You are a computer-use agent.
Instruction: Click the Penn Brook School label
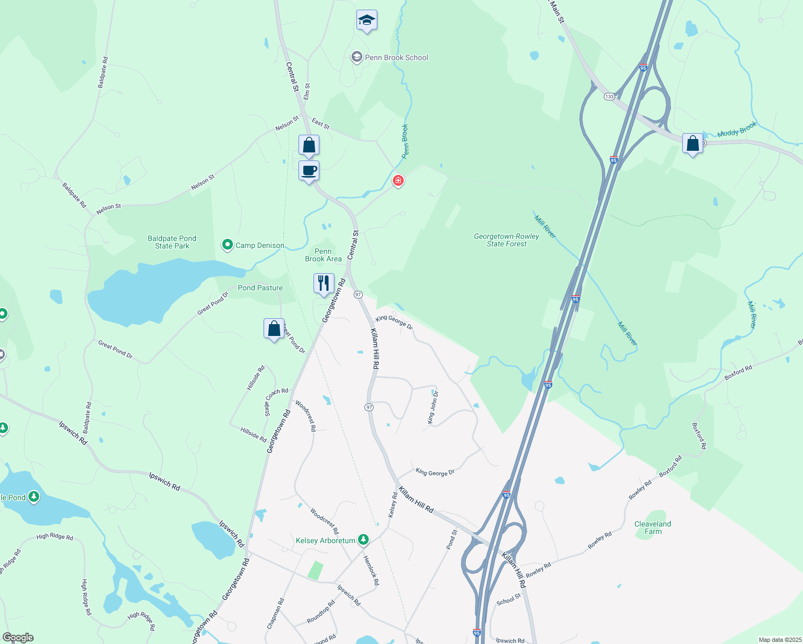tap(396, 57)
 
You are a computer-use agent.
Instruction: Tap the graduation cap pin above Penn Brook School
tap(367, 21)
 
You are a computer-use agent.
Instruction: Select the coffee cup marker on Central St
tap(309, 171)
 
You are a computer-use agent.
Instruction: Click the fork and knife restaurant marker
tap(324, 283)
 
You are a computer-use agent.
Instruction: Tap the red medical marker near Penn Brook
tap(398, 180)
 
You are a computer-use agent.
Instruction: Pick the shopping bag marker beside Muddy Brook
tap(692, 144)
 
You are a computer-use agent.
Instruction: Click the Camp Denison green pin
tap(228, 245)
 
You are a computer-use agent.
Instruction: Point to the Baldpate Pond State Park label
tap(172, 242)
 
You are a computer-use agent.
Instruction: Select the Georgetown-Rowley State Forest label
tap(506, 240)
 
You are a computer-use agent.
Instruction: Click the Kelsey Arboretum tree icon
tap(364, 539)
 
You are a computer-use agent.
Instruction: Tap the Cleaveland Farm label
tap(653, 528)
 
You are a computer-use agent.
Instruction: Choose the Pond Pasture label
tap(260, 288)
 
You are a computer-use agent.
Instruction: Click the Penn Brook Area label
tap(323, 255)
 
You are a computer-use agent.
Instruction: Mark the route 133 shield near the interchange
tap(609, 97)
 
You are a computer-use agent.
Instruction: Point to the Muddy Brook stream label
tap(737, 129)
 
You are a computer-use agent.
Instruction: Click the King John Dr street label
tap(433, 407)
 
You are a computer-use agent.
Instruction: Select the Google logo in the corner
tap(18, 638)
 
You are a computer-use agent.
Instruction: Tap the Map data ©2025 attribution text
tap(780, 640)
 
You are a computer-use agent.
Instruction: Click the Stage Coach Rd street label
tap(276, 401)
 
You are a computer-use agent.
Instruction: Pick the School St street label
tap(508, 599)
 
